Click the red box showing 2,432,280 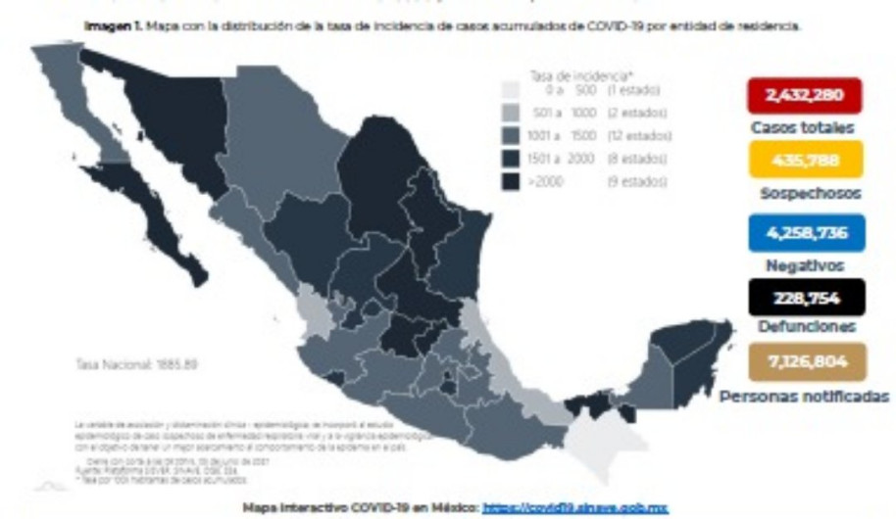click(804, 96)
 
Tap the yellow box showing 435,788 click(804, 159)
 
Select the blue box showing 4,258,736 click(804, 233)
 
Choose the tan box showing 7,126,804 click(804, 361)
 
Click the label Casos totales click(803, 127)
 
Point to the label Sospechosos click(809, 194)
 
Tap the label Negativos click(804, 264)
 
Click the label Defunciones click(806, 327)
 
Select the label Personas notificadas click(804, 397)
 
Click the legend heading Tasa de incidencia click(568, 74)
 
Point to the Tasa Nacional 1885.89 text click(137, 364)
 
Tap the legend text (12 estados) click(638, 135)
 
